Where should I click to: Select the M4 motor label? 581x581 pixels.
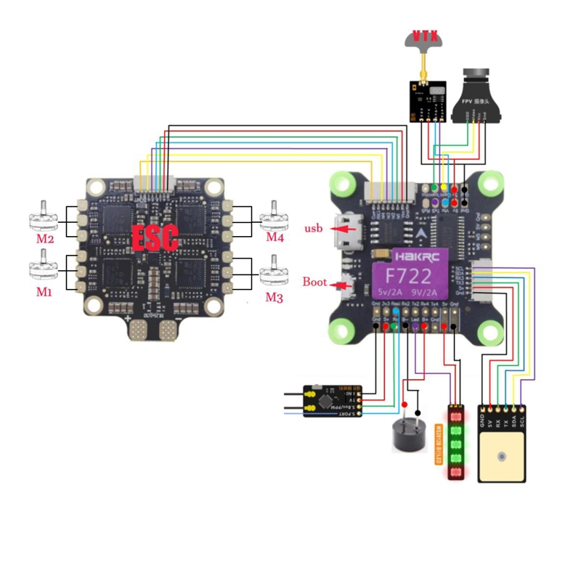pos(275,237)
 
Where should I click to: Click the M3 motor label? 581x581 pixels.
pos(274,297)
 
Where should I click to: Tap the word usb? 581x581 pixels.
pos(314,229)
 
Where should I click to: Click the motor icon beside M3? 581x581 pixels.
pos(275,277)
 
